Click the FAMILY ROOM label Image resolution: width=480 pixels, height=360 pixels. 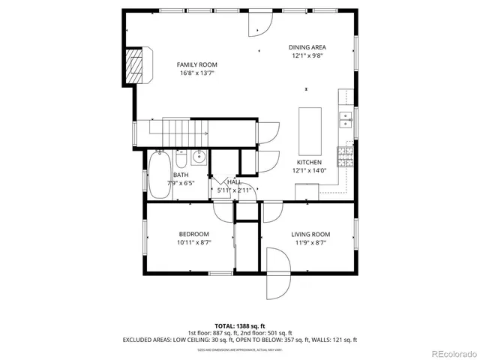(197, 64)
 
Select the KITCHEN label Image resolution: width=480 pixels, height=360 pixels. (309, 162)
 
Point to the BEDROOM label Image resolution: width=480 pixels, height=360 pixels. (193, 234)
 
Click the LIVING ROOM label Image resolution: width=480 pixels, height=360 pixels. (310, 234)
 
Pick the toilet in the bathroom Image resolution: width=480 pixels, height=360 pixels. (181, 160)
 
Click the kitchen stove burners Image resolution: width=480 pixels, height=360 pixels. (346, 156)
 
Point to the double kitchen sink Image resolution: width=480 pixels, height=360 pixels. (346, 116)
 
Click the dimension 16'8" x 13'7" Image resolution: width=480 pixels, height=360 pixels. (197, 73)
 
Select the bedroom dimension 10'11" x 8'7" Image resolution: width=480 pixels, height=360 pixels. (193, 243)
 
